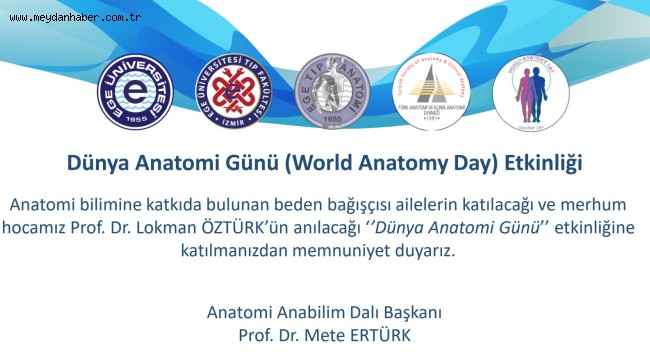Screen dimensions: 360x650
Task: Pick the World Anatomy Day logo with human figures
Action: tap(530, 97)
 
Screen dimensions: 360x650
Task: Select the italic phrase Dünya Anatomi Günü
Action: tap(460, 226)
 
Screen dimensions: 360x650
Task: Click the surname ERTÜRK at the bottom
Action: tap(375, 333)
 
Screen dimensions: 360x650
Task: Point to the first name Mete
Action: tap(319, 333)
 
